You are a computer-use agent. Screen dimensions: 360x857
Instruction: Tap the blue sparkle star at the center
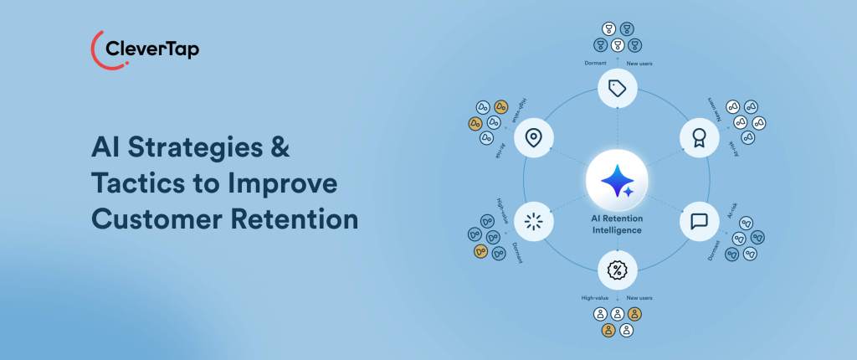617,181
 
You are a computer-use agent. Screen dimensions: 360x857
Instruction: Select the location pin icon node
531,136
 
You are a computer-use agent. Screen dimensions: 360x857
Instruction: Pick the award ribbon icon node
696,135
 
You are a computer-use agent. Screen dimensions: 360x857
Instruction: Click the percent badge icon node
617,270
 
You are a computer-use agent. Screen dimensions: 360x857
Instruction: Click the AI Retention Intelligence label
617,224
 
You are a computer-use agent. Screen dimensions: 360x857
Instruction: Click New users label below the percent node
641,297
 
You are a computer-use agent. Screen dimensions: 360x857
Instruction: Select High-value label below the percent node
596,297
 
